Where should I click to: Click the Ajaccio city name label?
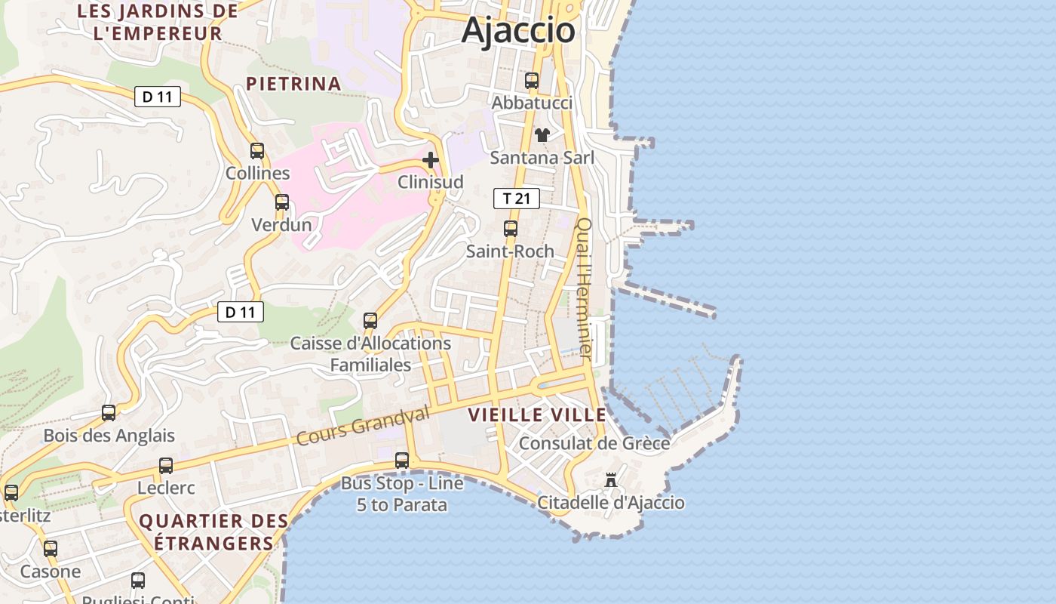(518, 30)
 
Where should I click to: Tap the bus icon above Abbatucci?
(532, 80)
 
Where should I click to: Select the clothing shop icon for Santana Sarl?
(542, 135)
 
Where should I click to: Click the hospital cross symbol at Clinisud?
(431, 160)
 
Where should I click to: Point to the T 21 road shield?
(517, 199)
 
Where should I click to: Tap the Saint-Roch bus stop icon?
(511, 228)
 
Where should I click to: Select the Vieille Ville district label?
(537, 414)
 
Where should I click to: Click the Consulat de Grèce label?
(594, 442)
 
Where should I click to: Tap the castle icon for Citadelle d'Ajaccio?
(611, 480)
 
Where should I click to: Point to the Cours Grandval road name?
(363, 425)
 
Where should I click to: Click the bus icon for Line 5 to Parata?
(402, 460)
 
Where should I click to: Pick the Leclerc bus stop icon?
(166, 466)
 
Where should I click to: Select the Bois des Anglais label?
(109, 436)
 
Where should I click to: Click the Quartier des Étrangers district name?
(213, 532)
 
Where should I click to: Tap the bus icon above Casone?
(51, 549)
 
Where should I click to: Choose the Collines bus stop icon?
(257, 150)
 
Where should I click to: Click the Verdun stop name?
(281, 225)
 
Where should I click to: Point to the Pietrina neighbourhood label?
(294, 84)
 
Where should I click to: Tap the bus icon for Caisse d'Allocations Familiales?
(370, 320)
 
